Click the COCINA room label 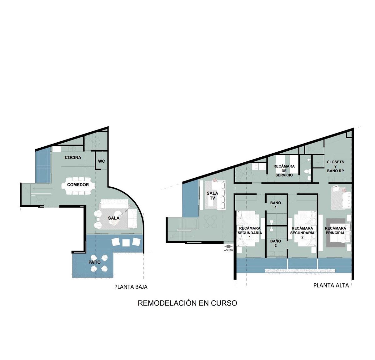73,158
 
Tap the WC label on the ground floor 101,161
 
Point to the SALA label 114,218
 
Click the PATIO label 94,262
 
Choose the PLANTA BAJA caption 131,287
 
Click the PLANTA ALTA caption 331,285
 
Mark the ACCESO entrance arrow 228,246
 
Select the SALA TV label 212,195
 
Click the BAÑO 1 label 276,205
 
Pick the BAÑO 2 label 276,243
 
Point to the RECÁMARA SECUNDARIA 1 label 250,232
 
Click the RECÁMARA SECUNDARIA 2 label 302,232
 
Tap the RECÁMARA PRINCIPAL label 336,231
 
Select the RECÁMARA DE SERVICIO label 284,171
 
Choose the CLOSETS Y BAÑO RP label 336,166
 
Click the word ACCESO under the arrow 228,250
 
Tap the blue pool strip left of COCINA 43,165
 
